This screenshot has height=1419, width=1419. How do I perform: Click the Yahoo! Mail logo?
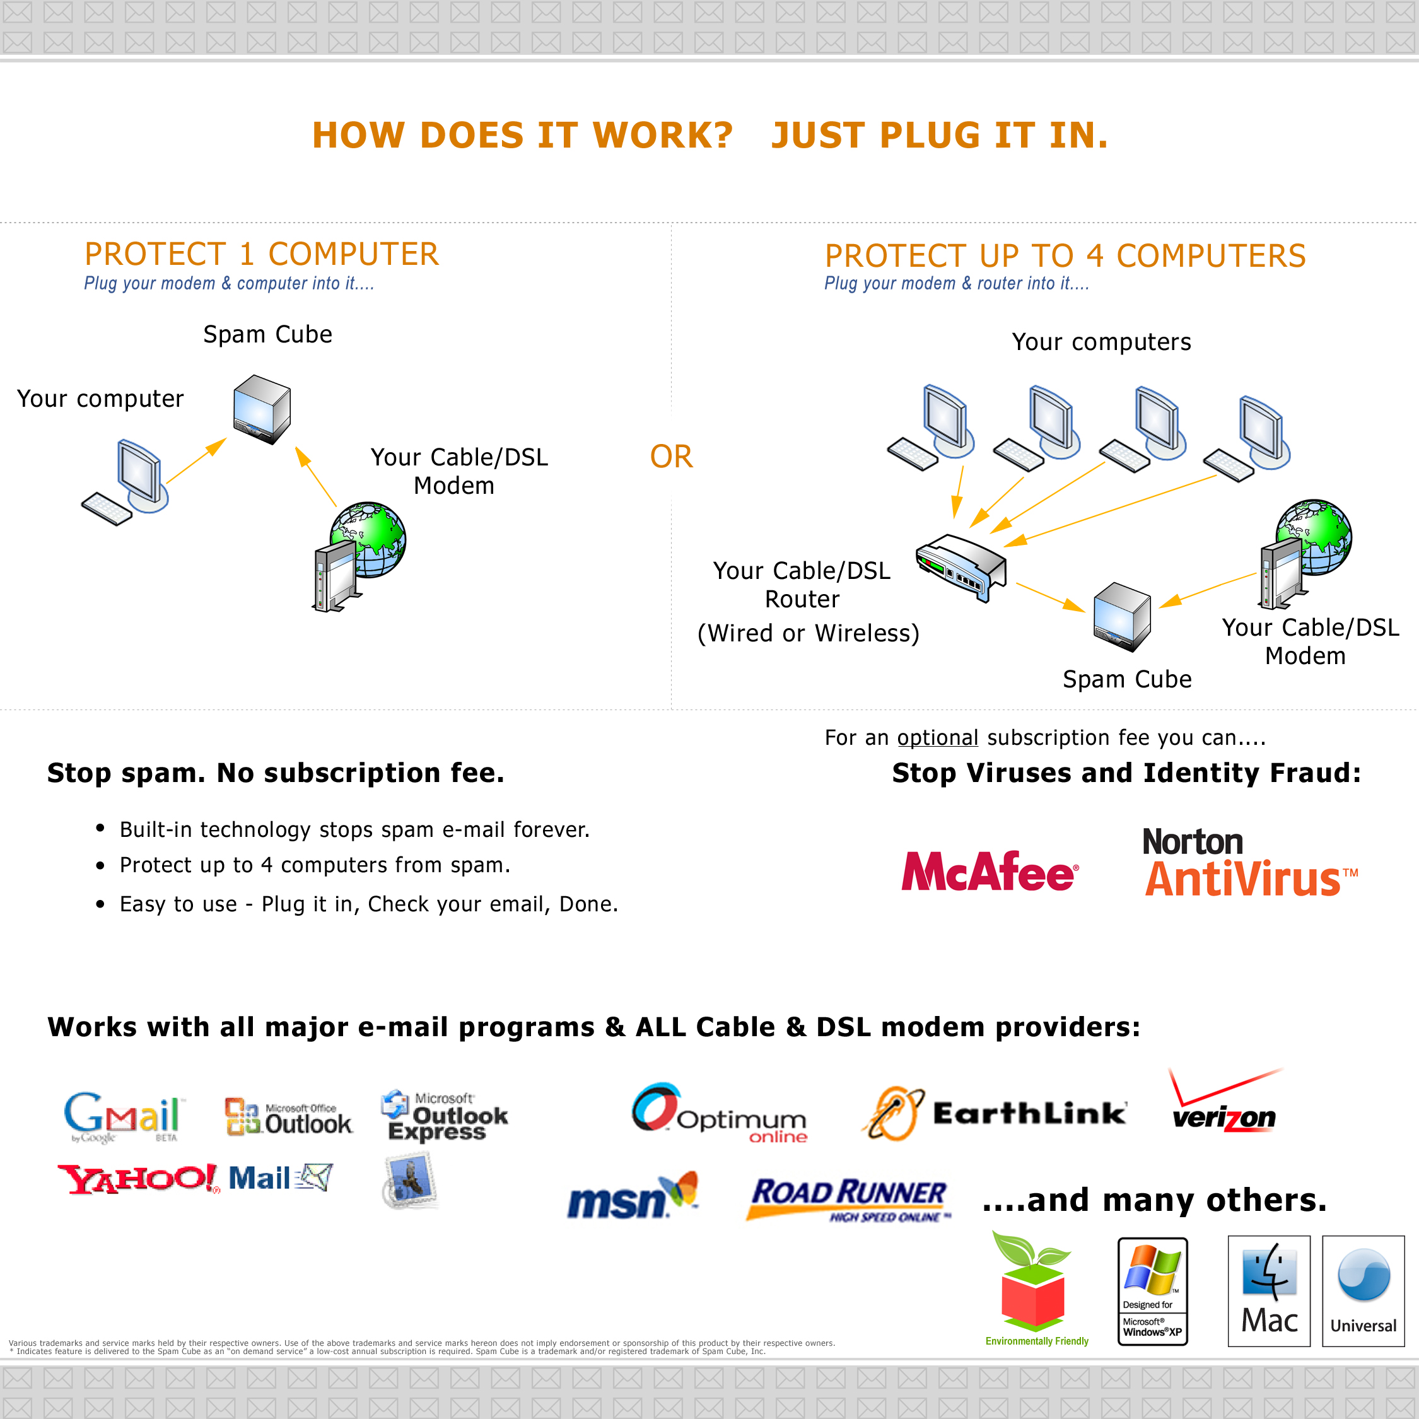(x=195, y=1178)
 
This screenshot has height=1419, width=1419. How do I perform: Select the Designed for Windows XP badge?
(x=1152, y=1291)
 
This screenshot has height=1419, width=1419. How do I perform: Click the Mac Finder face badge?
(x=1268, y=1290)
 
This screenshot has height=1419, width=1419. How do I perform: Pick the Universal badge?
(x=1362, y=1290)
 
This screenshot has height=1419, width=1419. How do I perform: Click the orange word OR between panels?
(x=670, y=457)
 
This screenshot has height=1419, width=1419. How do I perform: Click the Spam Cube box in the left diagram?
(x=262, y=409)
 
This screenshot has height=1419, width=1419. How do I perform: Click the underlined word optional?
(x=937, y=737)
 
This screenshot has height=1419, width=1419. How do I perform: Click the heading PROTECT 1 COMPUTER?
(x=262, y=254)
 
